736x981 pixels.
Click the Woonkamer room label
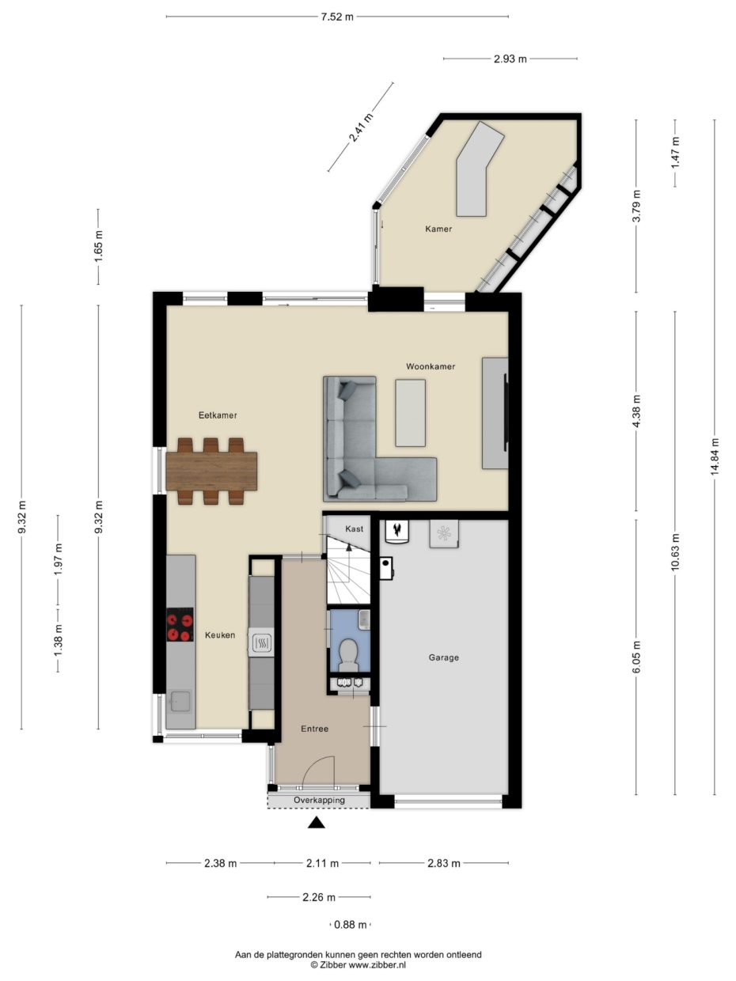(431, 366)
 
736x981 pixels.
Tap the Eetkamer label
(218, 415)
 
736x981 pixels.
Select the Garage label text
(444, 657)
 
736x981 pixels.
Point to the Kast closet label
(355, 528)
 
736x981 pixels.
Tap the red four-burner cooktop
(180, 624)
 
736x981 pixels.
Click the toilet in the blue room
(348, 655)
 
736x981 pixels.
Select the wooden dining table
(211, 471)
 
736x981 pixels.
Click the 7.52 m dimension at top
(337, 17)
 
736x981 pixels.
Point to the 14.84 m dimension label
(714, 457)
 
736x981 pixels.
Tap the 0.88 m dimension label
(351, 925)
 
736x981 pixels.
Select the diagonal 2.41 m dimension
(361, 127)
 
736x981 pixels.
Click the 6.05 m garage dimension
(636, 657)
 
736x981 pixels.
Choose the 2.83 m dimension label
(444, 863)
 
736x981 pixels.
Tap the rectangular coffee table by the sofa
(410, 413)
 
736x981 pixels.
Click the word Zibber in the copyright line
(332, 965)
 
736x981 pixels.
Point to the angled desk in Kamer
(479, 169)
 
